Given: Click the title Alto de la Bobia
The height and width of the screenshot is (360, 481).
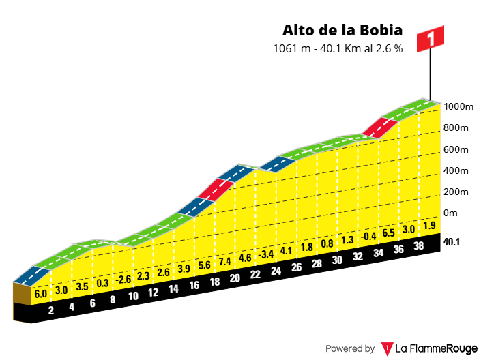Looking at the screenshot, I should tap(342, 31).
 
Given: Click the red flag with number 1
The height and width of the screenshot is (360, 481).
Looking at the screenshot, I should tap(431, 39).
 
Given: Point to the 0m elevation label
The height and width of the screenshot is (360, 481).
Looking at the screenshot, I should tap(450, 213).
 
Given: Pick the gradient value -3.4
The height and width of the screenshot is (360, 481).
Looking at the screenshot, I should tap(266, 254).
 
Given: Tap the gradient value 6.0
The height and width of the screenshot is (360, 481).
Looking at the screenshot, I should tap(40, 294).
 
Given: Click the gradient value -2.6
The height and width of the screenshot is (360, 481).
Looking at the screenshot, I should tap(123, 279).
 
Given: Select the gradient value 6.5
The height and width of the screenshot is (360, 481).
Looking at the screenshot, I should tap(388, 232).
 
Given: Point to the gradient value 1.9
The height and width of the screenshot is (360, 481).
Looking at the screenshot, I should tap(428, 226).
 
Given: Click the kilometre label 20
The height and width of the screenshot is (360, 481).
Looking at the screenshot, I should tap(235, 277).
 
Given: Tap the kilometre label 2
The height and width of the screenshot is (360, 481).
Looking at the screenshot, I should tap(50, 310).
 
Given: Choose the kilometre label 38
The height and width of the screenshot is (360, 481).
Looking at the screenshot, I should tap(419, 245).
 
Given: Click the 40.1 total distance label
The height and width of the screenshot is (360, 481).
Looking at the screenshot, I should tap(452, 241).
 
